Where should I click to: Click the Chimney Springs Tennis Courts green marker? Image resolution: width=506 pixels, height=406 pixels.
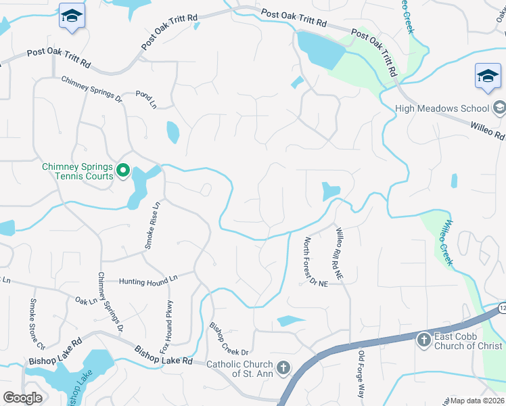(122, 171)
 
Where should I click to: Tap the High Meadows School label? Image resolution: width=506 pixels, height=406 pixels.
(442, 108)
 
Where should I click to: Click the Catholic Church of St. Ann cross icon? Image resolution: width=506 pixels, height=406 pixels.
(283, 369)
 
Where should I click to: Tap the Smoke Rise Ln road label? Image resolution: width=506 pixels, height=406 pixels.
(152, 225)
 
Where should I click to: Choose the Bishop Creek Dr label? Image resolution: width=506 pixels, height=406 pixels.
(229, 339)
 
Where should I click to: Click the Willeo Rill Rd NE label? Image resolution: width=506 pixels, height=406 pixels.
(340, 254)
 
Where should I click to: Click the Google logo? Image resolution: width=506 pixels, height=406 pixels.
(22, 398)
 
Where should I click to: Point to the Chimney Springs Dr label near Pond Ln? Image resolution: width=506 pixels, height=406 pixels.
(92, 89)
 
